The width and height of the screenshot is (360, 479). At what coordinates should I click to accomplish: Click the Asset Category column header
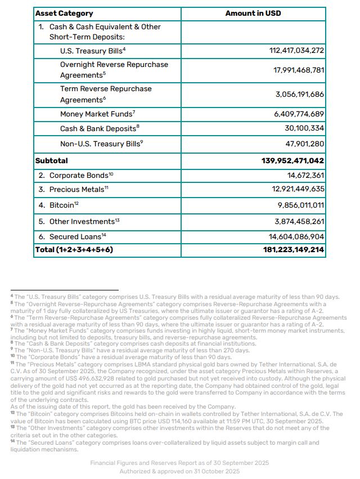(x=64, y=13)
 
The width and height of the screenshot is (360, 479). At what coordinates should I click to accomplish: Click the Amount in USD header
(x=253, y=13)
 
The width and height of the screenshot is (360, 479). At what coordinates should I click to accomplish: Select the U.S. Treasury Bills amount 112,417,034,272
(x=296, y=51)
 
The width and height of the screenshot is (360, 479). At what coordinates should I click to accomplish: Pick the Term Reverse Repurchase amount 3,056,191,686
(x=299, y=94)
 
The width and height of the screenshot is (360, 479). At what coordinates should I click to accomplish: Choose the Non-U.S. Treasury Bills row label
(x=102, y=144)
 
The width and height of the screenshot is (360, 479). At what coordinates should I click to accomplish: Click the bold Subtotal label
(x=51, y=160)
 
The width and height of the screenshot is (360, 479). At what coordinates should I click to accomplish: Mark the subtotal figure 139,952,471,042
(x=292, y=160)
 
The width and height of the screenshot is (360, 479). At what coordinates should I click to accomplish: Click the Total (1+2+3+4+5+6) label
(x=74, y=249)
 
